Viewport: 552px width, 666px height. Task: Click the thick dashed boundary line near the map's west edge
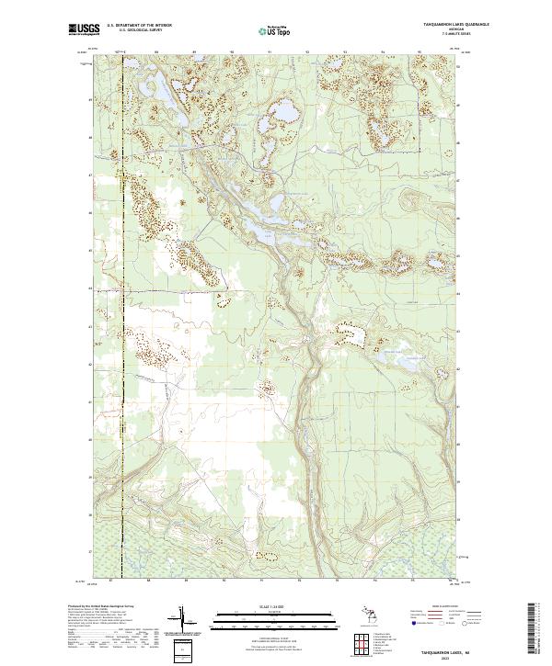pyautogui.click(x=123, y=276)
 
